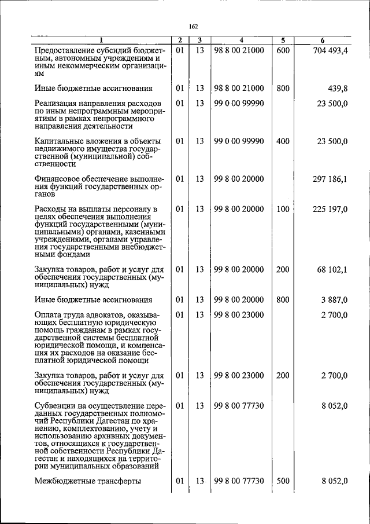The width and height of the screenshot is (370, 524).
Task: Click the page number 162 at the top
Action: click(x=193, y=26)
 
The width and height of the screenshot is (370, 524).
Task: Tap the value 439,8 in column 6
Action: click(x=338, y=89)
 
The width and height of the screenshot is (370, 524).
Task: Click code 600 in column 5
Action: click(x=283, y=51)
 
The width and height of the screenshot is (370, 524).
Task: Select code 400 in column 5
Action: click(x=283, y=141)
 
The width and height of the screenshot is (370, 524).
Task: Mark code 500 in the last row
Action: click(x=283, y=481)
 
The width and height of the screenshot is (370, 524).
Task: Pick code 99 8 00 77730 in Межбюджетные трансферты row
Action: click(x=239, y=481)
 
